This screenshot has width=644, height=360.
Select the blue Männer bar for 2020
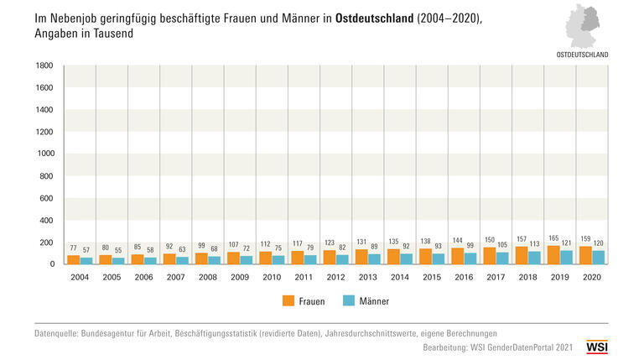click(x=599, y=258)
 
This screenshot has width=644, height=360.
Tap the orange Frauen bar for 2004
click(x=73, y=260)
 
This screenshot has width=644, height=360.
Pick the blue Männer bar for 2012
click(x=343, y=259)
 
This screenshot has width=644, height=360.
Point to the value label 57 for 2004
click(x=86, y=250)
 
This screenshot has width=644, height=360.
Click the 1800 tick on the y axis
click(x=44, y=65)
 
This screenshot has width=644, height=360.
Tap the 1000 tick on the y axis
click(x=44, y=154)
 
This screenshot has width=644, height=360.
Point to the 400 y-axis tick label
click(x=47, y=220)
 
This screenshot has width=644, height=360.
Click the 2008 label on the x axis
click(x=208, y=278)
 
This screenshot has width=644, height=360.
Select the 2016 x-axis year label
click(x=465, y=278)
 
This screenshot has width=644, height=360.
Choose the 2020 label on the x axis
click(x=593, y=278)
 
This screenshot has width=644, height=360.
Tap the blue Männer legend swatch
click(x=351, y=300)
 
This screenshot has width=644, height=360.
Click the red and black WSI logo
click(x=597, y=345)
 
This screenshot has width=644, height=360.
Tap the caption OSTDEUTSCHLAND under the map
click(x=583, y=54)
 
